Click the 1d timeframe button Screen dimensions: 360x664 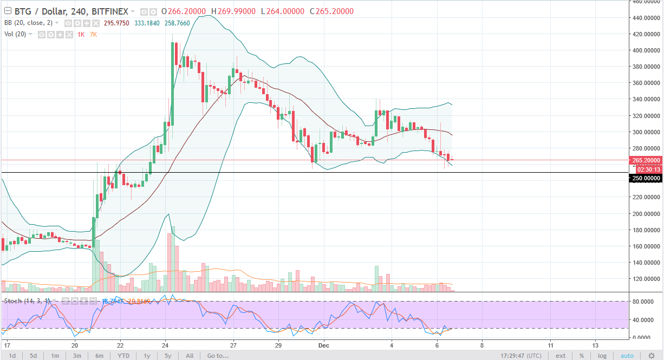tap(12, 356)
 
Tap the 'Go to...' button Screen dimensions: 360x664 tap(218, 356)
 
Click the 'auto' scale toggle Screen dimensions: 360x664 tap(627, 356)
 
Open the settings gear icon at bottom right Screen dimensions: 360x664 tap(652, 356)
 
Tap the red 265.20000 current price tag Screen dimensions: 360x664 tap(646, 161)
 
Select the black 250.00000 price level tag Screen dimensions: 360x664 tap(646, 178)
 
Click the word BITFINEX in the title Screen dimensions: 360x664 tap(110, 11)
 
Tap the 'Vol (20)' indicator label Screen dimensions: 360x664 tap(15, 34)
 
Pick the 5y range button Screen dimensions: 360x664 tap(168, 356)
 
